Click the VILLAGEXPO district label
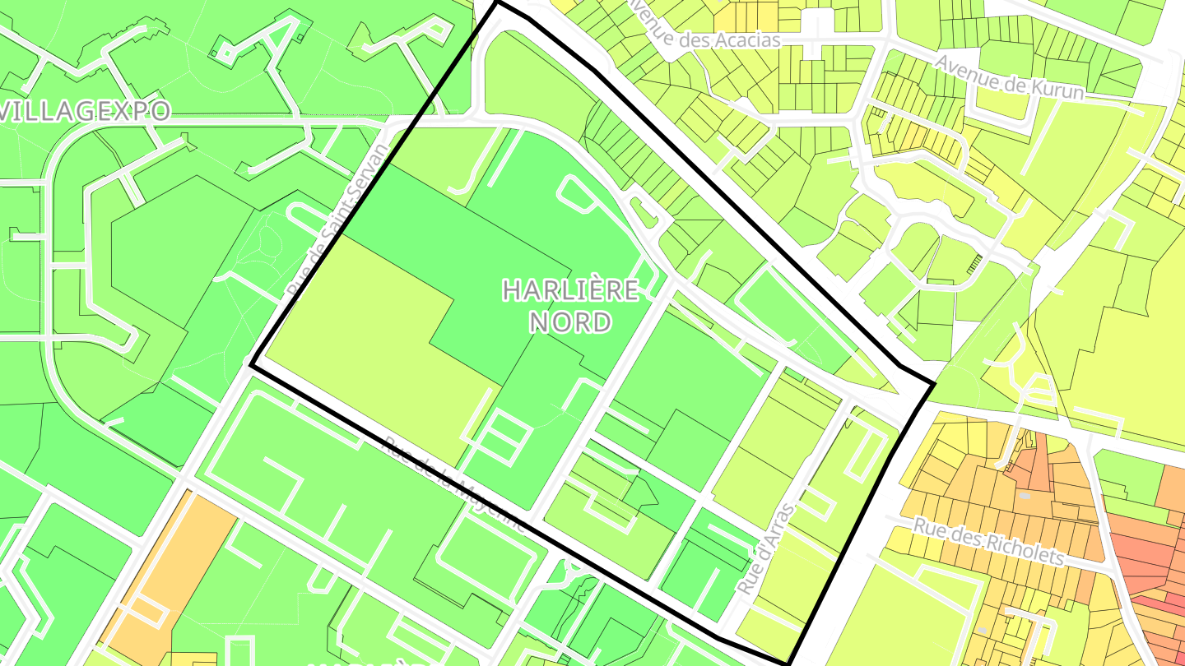(84, 111)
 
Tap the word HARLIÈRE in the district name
(570, 290)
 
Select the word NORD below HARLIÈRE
(570, 321)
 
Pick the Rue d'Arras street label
(766, 548)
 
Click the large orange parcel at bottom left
(169, 567)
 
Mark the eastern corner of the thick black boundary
(934, 383)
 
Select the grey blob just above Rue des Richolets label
(1024, 497)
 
